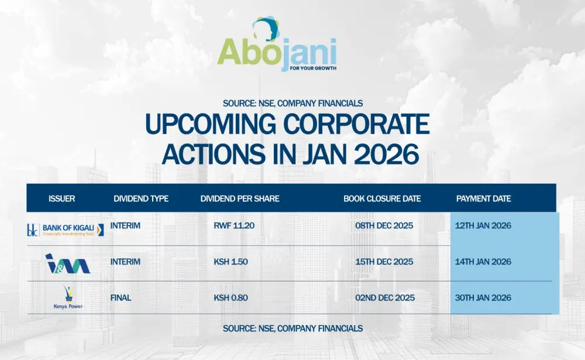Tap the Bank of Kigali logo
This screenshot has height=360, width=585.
[x=66, y=229]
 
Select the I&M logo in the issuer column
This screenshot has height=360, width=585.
[x=67, y=263]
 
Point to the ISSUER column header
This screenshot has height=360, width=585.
[x=61, y=198]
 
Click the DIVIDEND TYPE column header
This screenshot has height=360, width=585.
[x=141, y=198]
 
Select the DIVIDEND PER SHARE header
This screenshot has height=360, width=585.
[x=240, y=198]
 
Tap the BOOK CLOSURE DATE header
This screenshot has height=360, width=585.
[x=382, y=198]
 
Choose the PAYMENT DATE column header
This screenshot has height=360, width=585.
[x=483, y=198]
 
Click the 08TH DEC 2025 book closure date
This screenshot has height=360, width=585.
[x=384, y=225]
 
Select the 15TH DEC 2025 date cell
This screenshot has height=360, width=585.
[x=384, y=262]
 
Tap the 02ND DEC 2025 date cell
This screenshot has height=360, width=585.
[x=384, y=298]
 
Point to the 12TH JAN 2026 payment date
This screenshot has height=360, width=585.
[x=483, y=225]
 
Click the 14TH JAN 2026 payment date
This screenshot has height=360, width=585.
[x=483, y=262]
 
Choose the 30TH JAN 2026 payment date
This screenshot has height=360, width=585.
[x=483, y=298]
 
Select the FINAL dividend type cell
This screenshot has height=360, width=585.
[x=121, y=298]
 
